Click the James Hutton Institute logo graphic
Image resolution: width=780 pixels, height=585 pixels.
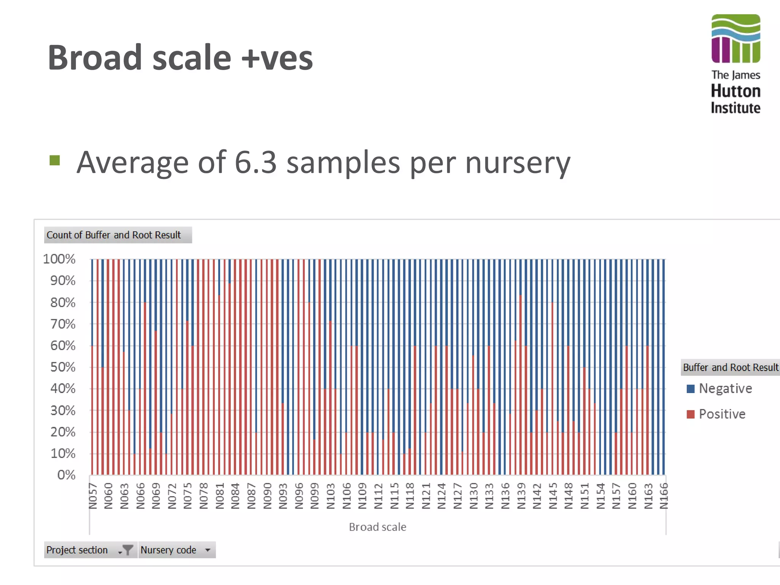(735, 38)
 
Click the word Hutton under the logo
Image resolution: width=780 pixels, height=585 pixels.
(735, 91)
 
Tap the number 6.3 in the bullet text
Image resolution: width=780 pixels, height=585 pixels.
(255, 163)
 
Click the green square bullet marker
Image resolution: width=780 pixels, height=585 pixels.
(55, 160)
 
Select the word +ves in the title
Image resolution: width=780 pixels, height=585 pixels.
(277, 58)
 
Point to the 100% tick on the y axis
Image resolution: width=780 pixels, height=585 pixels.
(59, 259)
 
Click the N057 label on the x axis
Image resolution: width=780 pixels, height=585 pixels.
(93, 496)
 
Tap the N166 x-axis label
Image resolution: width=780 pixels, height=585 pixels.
(664, 496)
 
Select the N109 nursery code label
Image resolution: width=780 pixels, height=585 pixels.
(362, 496)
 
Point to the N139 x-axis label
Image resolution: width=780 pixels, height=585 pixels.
(521, 496)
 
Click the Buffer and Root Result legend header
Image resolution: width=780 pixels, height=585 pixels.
(730, 368)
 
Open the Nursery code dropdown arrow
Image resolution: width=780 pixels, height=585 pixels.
(208, 550)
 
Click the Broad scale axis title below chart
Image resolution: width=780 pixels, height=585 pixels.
(377, 527)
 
